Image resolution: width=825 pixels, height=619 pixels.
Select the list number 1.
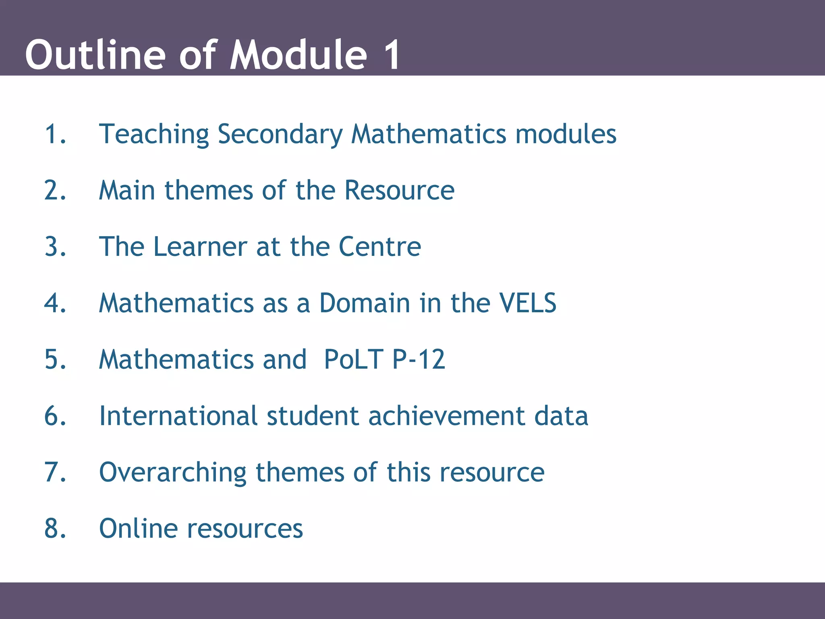tap(54, 134)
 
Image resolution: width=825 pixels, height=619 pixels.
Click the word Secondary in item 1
tap(280, 135)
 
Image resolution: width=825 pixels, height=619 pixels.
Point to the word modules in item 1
tap(566, 134)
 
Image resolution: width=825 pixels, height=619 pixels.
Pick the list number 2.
tap(55, 190)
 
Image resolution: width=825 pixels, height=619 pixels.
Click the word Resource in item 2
tap(399, 190)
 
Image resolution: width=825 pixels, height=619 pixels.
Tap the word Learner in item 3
tap(200, 247)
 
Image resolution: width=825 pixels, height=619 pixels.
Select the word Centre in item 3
tap(380, 247)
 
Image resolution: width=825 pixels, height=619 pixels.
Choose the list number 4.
tap(55, 303)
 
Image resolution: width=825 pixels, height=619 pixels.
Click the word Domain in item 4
tap(365, 303)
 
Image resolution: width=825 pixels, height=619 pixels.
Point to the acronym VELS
tap(528, 303)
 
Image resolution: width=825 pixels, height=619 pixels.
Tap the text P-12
tap(419, 359)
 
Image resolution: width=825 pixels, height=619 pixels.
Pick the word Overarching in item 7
tap(172, 473)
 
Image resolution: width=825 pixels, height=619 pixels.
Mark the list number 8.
tap(55, 529)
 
